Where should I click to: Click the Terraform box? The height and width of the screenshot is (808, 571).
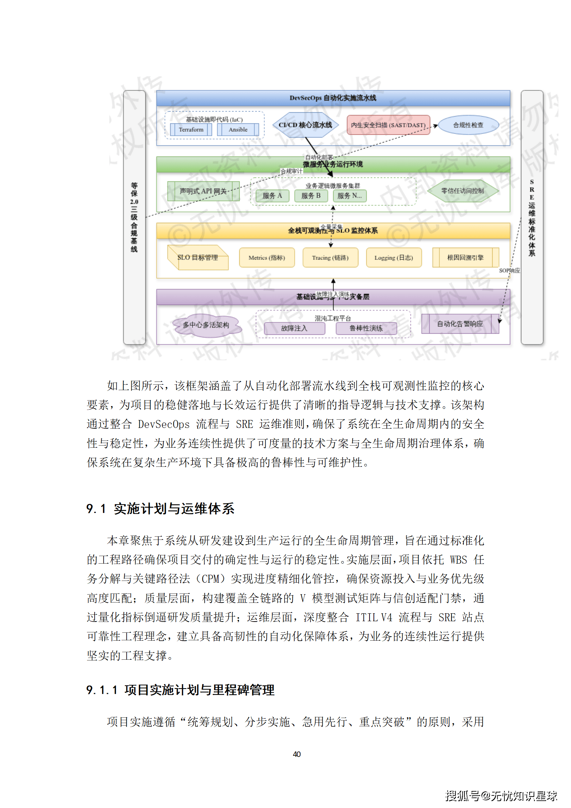tap(191, 130)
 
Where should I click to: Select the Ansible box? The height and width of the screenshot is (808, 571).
tap(238, 130)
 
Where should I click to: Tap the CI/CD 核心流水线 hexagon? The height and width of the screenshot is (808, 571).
tap(305, 125)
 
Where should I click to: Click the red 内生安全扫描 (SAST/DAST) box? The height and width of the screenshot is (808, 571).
tap(388, 125)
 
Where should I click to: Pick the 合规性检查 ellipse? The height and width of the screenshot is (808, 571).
tap(468, 125)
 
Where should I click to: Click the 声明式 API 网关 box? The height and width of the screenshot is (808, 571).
tap(203, 191)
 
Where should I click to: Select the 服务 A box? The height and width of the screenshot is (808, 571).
tap(272, 196)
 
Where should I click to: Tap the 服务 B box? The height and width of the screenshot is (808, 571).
tap(311, 196)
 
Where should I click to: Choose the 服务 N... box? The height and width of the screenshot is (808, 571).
tap(350, 196)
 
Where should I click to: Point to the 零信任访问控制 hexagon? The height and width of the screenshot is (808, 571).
tap(463, 191)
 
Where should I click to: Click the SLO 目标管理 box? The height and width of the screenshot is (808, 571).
tap(198, 258)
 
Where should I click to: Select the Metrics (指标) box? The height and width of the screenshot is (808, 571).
tap(267, 258)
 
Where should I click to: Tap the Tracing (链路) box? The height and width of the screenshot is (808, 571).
tap(330, 258)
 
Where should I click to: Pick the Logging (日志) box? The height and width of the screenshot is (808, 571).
tap(394, 258)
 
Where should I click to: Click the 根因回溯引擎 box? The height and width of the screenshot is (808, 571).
tap(465, 258)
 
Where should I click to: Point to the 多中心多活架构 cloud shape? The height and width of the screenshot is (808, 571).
tap(206, 325)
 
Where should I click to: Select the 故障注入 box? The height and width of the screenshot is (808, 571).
tap(294, 328)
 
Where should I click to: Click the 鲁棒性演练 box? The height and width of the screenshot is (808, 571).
tap(366, 328)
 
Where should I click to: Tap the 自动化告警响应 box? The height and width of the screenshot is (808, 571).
tap(460, 324)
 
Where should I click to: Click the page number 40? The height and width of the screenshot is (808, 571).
tap(297, 754)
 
